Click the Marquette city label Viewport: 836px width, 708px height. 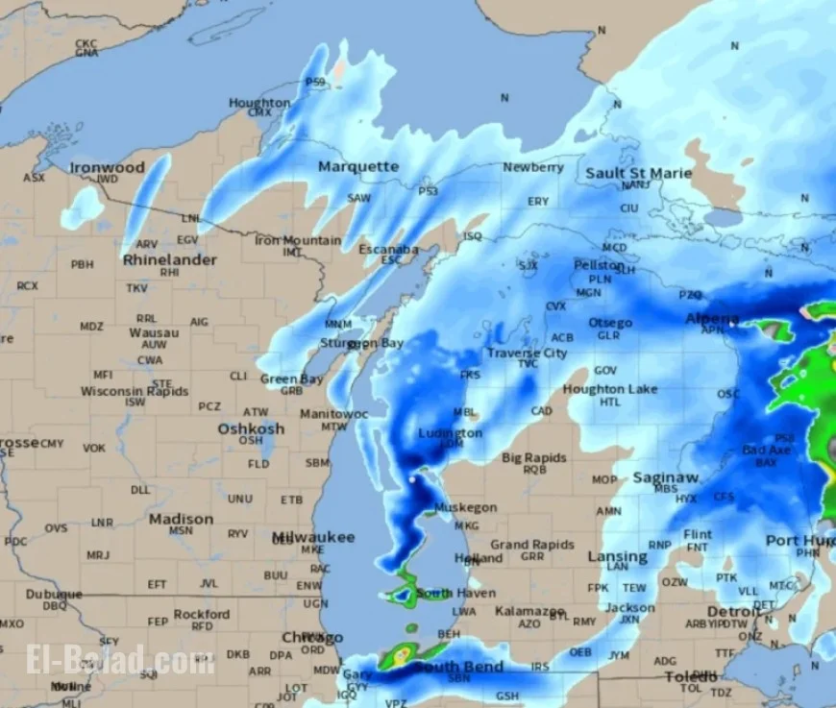point(357,166)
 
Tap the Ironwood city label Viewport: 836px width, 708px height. point(107,167)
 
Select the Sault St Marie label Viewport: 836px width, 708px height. point(638,174)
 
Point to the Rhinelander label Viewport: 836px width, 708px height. point(169,259)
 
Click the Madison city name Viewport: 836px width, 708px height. point(181,519)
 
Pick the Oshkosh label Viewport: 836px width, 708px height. point(251,428)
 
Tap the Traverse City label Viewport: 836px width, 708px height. point(526,353)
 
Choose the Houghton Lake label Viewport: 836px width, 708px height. point(610,389)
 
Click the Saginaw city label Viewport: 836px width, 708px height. point(665,477)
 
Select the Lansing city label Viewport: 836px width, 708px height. point(617,556)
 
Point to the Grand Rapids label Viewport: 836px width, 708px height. point(531,545)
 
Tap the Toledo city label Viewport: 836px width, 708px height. point(690,676)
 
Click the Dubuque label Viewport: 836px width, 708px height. point(54,595)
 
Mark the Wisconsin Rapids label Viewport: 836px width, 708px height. point(134,391)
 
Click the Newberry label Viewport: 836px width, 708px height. point(533,167)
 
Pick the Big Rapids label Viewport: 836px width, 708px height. point(534,458)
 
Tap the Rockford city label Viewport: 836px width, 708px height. point(202,614)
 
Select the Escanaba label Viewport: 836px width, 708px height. point(388,250)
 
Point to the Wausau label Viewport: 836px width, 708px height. point(154,332)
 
